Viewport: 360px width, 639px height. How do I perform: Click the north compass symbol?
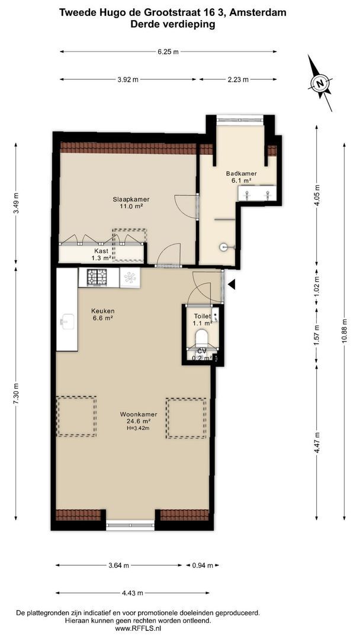320,83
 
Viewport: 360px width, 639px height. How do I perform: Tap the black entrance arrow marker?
232,285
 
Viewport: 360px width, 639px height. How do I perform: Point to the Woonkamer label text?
139,414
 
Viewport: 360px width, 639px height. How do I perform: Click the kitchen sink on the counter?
67,321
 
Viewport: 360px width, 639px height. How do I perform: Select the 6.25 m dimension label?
168,51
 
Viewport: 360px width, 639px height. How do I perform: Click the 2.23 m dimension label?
237,79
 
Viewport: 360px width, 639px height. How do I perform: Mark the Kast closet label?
101,251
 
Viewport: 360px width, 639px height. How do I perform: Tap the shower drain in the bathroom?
223,247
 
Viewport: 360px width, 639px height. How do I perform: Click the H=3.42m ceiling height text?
139,428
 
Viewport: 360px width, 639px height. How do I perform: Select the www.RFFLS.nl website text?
139,629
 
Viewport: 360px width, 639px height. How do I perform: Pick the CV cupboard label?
201,350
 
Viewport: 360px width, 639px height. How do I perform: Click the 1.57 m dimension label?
316,335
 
